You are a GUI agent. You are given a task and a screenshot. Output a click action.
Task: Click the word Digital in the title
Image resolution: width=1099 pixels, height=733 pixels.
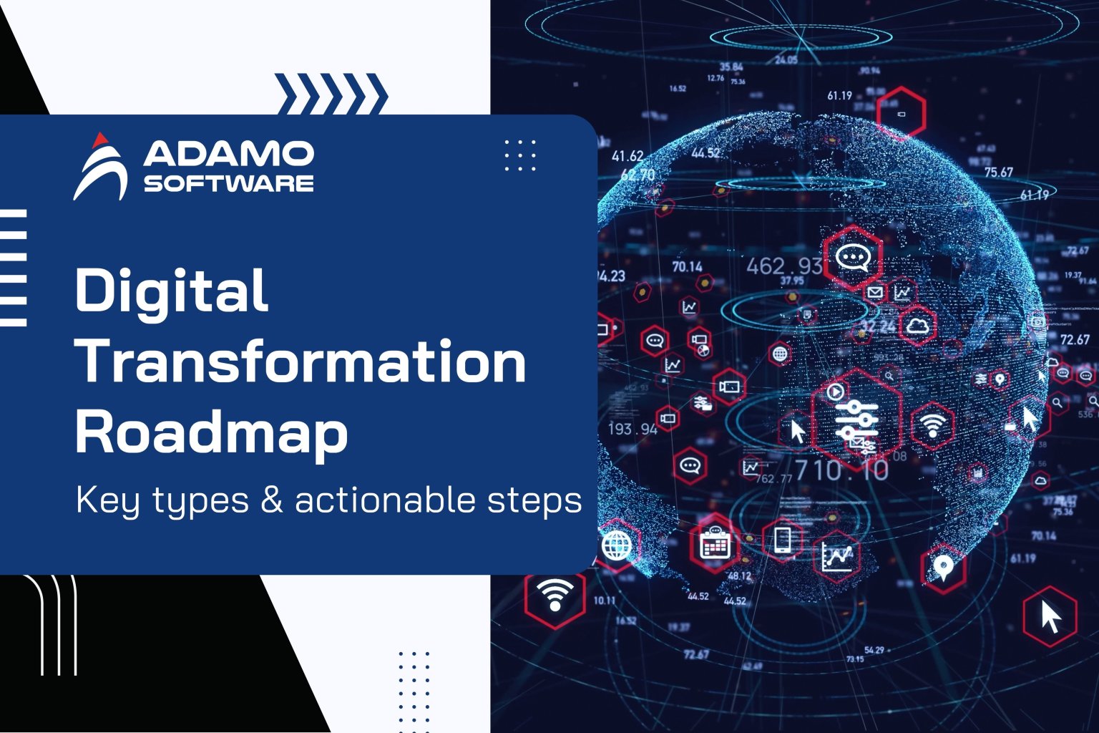click(x=172, y=291)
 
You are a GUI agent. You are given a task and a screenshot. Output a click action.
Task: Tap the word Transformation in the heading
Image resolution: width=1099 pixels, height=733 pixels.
click(x=301, y=361)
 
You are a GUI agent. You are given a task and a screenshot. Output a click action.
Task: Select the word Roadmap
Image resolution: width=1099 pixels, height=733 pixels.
click(x=212, y=432)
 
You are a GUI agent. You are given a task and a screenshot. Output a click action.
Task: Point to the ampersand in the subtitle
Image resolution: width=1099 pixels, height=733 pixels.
click(x=272, y=500)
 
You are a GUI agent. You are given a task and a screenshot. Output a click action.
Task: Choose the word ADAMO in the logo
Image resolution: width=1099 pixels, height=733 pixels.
click(x=228, y=153)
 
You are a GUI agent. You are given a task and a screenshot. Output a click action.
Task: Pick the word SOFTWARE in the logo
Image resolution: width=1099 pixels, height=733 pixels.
click(x=228, y=183)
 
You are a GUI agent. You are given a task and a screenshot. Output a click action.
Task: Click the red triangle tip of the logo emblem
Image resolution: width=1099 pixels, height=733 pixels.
click(x=102, y=138)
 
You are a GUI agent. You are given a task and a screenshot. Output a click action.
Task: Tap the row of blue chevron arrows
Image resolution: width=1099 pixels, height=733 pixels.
click(x=331, y=94)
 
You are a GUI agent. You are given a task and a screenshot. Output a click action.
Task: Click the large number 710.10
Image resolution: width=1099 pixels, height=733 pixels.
click(x=841, y=470)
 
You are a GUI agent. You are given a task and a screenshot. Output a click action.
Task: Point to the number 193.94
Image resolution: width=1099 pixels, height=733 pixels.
click(x=632, y=429)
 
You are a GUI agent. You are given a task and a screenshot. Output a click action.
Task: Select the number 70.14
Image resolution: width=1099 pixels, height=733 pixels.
click(x=687, y=267)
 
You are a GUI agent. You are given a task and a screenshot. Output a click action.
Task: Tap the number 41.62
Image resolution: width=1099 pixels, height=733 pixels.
click(x=627, y=156)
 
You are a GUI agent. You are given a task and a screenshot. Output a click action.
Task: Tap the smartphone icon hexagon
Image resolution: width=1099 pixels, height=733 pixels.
click(x=783, y=539)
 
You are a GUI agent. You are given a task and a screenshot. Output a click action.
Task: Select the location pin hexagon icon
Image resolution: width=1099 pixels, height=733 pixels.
click(x=943, y=568)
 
